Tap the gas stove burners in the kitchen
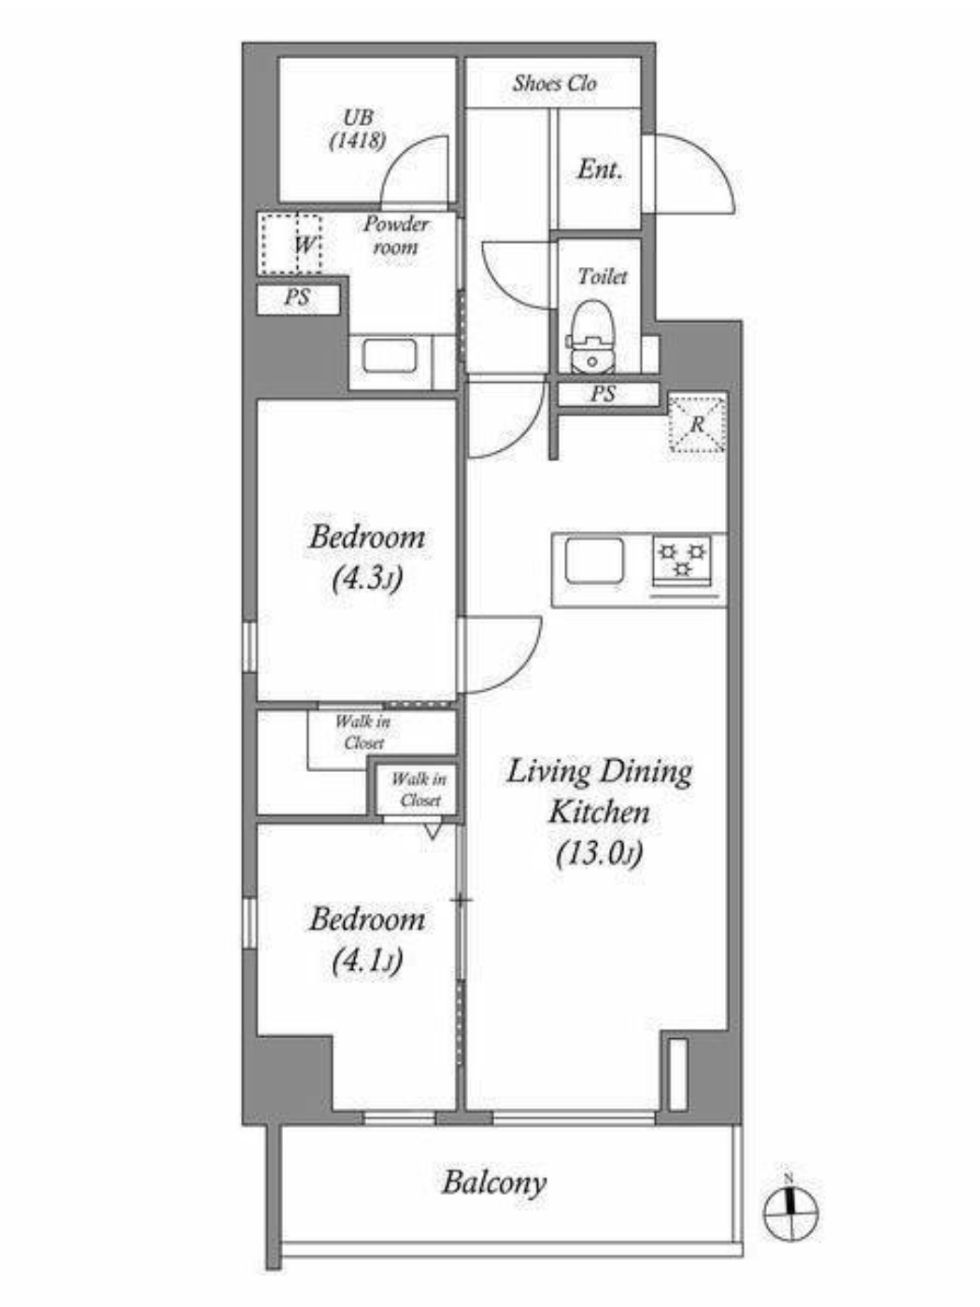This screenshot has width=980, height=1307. (682, 559)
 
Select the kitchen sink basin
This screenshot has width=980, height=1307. (594, 561)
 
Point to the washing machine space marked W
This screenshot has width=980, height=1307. (291, 244)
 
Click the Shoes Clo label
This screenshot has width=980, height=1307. (555, 84)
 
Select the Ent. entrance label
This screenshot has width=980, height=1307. (600, 170)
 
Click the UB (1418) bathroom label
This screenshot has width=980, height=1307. (358, 129)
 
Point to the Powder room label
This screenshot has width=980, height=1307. (395, 235)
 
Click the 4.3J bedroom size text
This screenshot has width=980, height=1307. (367, 578)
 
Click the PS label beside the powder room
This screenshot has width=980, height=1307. (297, 297)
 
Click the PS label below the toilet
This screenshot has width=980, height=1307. (603, 394)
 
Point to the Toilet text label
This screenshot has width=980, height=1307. (603, 276)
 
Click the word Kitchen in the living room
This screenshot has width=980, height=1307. (599, 813)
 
